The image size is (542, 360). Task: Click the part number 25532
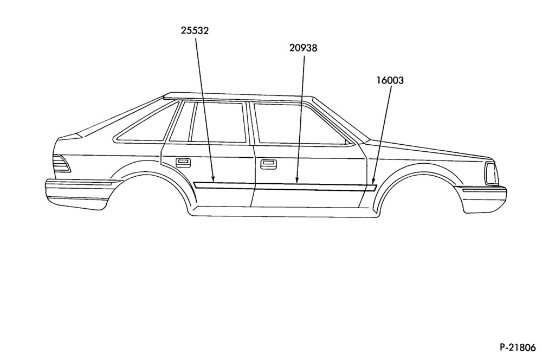[195, 30]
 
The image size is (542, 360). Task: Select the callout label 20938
[303, 48]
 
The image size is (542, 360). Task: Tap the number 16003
[390, 80]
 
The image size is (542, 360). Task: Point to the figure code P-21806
[517, 347]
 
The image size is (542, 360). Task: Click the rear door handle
[183, 163]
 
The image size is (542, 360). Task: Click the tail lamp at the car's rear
[62, 164]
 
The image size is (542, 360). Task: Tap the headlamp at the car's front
[491, 173]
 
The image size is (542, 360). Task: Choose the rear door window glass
[218, 122]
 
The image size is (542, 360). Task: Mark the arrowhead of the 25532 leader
[213, 179]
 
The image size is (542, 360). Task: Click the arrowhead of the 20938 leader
[297, 179]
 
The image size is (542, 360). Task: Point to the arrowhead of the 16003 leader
[373, 181]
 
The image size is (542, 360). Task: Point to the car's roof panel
[238, 97]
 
